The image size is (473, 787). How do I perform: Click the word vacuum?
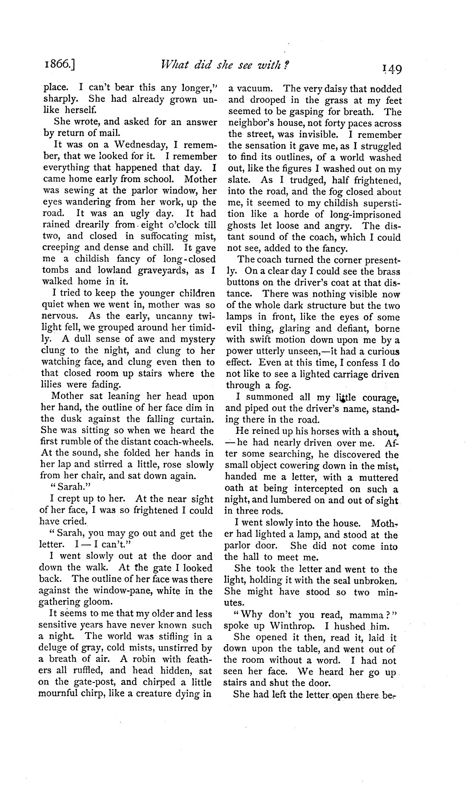(252, 89)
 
